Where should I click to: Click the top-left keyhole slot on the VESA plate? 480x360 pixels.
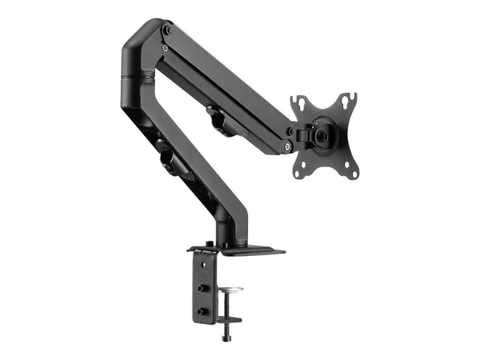click(300, 102)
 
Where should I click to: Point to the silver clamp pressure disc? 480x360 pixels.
click(231, 289)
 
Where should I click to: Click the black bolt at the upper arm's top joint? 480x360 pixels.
click(167, 30)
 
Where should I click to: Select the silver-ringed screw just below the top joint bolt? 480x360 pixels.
click(163, 47)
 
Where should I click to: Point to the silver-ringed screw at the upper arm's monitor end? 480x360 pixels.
click(286, 147)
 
